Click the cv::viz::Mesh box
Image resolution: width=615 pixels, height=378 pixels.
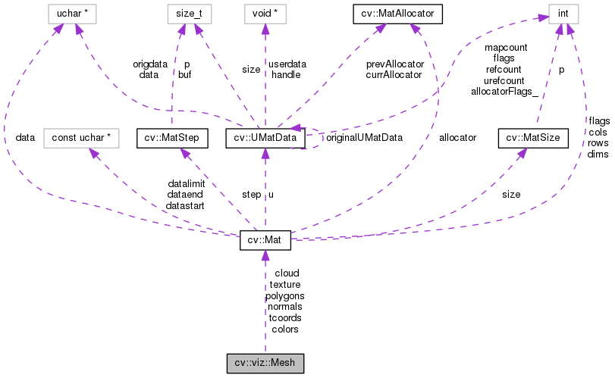point(265,363)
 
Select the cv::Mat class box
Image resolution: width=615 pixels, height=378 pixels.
point(265,241)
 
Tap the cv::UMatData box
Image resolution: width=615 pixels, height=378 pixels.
point(265,138)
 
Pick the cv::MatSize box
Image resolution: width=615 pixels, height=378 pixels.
point(522,138)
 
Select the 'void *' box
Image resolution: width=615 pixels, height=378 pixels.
point(265,13)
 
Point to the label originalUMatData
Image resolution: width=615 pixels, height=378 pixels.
point(363,138)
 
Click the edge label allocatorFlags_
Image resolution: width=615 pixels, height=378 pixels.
point(504,91)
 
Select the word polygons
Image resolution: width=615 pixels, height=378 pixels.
point(285,295)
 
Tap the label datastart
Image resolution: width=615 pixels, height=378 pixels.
point(186,205)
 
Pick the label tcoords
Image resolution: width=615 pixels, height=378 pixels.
point(285,317)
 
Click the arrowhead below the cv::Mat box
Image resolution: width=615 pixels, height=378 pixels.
point(265,256)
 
